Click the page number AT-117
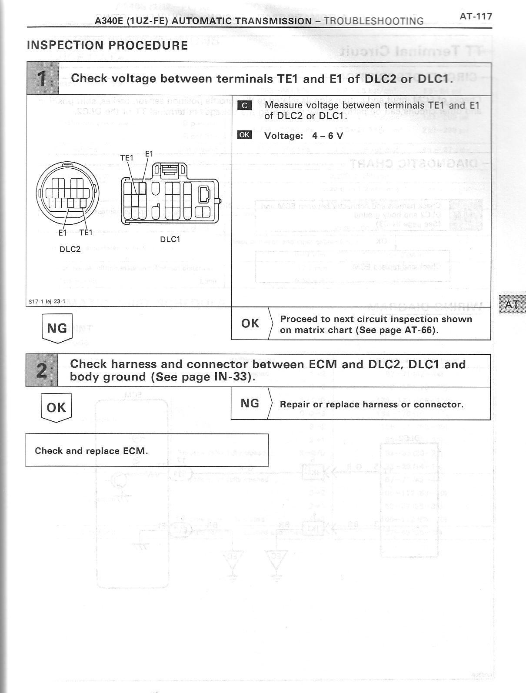point(476,17)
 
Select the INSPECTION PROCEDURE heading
point(107,45)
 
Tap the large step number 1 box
point(42,79)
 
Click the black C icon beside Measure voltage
point(244,105)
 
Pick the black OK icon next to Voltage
point(244,135)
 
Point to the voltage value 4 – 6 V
point(327,136)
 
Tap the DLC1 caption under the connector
point(170,239)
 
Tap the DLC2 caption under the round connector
point(70,249)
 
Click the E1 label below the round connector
point(63,233)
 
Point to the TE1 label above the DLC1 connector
point(127,158)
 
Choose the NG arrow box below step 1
point(57,328)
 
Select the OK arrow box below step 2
point(56,408)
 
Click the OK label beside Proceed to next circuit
point(250,323)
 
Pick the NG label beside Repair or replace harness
point(250,403)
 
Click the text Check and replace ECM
point(91,451)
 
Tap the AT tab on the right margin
point(512,304)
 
